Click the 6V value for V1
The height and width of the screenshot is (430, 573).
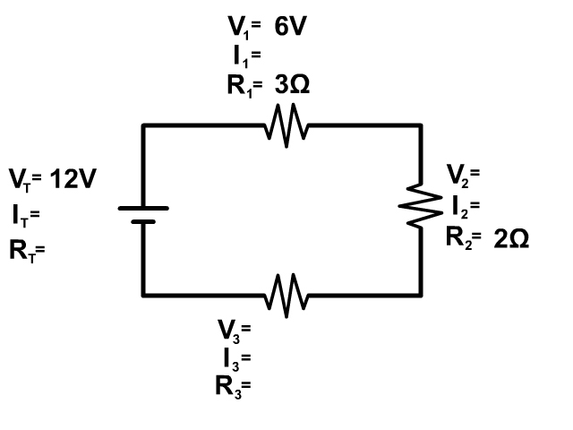290,26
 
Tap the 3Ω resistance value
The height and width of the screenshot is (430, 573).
293,85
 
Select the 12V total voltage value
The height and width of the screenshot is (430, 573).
73,179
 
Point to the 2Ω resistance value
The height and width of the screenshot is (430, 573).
511,239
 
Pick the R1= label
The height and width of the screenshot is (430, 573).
244,87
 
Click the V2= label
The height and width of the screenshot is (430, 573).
463,176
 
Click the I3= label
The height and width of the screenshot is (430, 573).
237,360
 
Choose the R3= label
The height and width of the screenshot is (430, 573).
234,388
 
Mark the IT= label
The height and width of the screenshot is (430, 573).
26,216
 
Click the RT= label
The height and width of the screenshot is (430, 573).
27,252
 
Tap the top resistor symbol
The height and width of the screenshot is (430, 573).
286,125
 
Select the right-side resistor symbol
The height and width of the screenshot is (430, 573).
421,206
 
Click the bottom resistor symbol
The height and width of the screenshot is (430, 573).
286,295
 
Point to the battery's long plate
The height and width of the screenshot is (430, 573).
143,209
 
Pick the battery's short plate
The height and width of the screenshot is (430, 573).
143,221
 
